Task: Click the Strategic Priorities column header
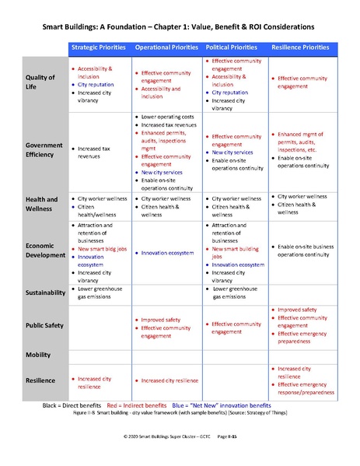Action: [99, 47]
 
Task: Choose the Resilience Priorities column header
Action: [302, 47]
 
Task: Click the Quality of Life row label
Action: [40, 82]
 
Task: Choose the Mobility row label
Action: [37, 354]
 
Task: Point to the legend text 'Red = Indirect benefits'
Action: [147, 406]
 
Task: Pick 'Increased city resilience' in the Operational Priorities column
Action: [170, 380]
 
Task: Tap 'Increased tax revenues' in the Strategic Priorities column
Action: [98, 151]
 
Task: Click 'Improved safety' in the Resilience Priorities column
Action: [299, 310]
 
